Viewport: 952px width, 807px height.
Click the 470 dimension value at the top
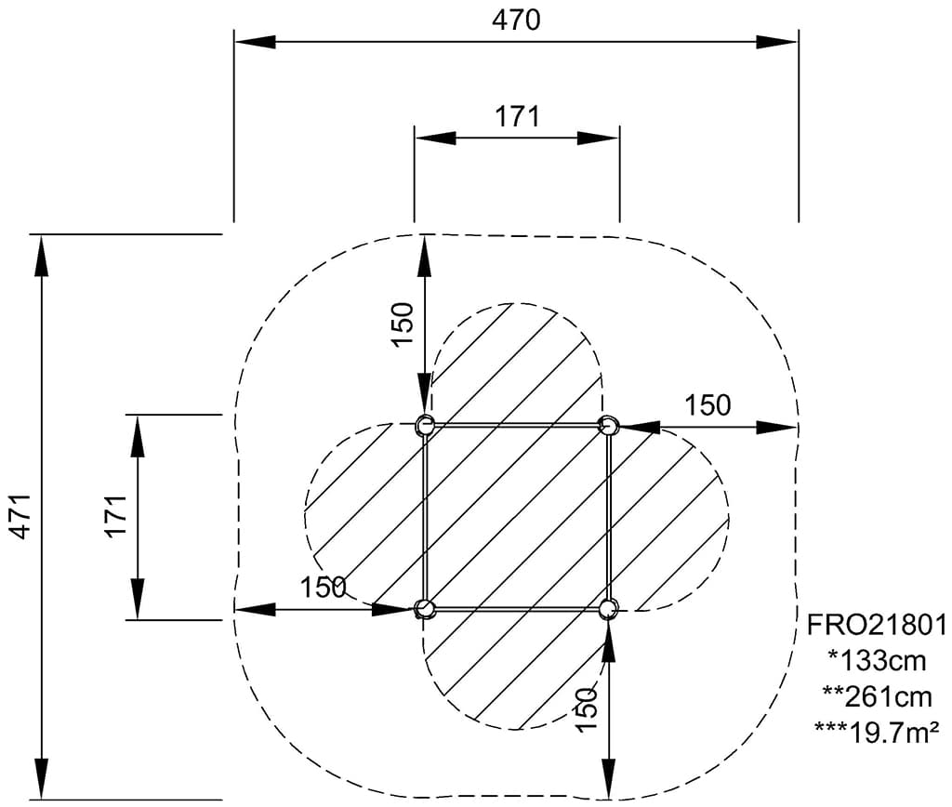(x=515, y=20)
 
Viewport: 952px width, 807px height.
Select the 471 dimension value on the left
(x=22, y=516)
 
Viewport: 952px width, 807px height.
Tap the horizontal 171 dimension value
(x=517, y=116)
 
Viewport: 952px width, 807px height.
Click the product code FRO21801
(x=876, y=625)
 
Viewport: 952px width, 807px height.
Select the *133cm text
(x=877, y=661)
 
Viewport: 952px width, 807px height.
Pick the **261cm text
(x=877, y=696)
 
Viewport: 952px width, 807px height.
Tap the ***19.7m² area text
(x=877, y=733)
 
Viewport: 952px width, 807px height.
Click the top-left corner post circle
(x=424, y=425)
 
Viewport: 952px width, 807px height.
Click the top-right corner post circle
(x=608, y=425)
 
